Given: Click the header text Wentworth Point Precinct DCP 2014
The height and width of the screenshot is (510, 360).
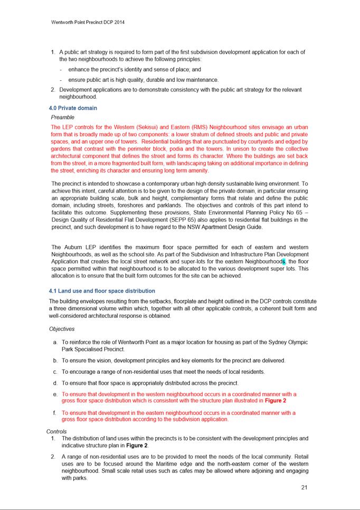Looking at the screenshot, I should (88, 23).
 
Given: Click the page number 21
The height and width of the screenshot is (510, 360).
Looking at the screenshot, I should (304, 487).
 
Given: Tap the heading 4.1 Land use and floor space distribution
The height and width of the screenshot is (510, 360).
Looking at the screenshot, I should (102, 291).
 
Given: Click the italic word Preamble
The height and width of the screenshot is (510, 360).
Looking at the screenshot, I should (63, 117).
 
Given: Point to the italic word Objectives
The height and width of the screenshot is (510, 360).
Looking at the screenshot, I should (62, 329).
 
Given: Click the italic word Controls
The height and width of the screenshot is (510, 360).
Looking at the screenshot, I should (56, 431).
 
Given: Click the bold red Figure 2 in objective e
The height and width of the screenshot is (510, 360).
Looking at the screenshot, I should (276, 401).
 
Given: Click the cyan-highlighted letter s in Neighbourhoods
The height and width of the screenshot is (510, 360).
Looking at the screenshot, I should (283, 261).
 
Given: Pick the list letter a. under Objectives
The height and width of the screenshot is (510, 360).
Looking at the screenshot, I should (55, 342).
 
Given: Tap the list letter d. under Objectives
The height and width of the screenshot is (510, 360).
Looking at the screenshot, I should (55, 383).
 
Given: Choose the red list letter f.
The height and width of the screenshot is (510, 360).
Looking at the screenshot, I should (55, 413).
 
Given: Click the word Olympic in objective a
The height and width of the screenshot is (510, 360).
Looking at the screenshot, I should (297, 342).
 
